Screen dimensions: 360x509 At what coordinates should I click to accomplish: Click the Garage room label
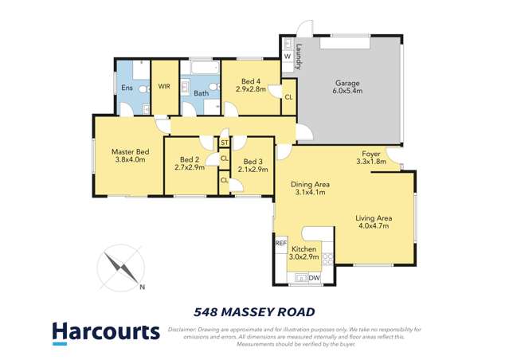[347, 83]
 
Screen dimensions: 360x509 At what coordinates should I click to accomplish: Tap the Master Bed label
[130, 152]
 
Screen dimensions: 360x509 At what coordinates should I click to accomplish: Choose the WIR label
[164, 86]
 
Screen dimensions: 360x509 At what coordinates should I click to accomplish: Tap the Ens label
[127, 88]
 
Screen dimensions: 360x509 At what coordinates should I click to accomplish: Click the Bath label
[201, 94]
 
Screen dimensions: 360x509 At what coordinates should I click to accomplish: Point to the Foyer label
[370, 154]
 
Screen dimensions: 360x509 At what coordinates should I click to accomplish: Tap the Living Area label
[373, 217]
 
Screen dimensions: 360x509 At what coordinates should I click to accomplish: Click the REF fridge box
[280, 242]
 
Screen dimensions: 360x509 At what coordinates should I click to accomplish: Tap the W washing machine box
[287, 55]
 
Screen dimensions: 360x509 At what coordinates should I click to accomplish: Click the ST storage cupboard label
[225, 143]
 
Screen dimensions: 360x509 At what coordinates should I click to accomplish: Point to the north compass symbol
[119, 268]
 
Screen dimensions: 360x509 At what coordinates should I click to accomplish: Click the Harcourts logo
[105, 331]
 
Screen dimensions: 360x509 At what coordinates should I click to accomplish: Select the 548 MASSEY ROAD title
[254, 311]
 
